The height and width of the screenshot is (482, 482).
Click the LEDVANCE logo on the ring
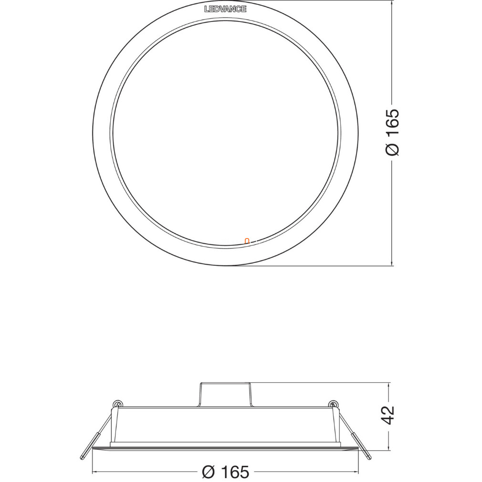[x=225, y=9]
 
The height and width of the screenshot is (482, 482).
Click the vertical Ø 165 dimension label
[x=392, y=133]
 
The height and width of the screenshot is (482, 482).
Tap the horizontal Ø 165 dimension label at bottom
[x=226, y=472]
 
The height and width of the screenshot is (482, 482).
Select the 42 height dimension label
[x=388, y=415]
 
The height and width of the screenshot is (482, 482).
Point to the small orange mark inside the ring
[x=247, y=241]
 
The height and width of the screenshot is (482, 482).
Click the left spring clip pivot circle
[x=117, y=404]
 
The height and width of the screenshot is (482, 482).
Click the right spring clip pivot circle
[x=333, y=404]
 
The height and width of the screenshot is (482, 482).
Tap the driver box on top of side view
[x=225, y=395]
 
